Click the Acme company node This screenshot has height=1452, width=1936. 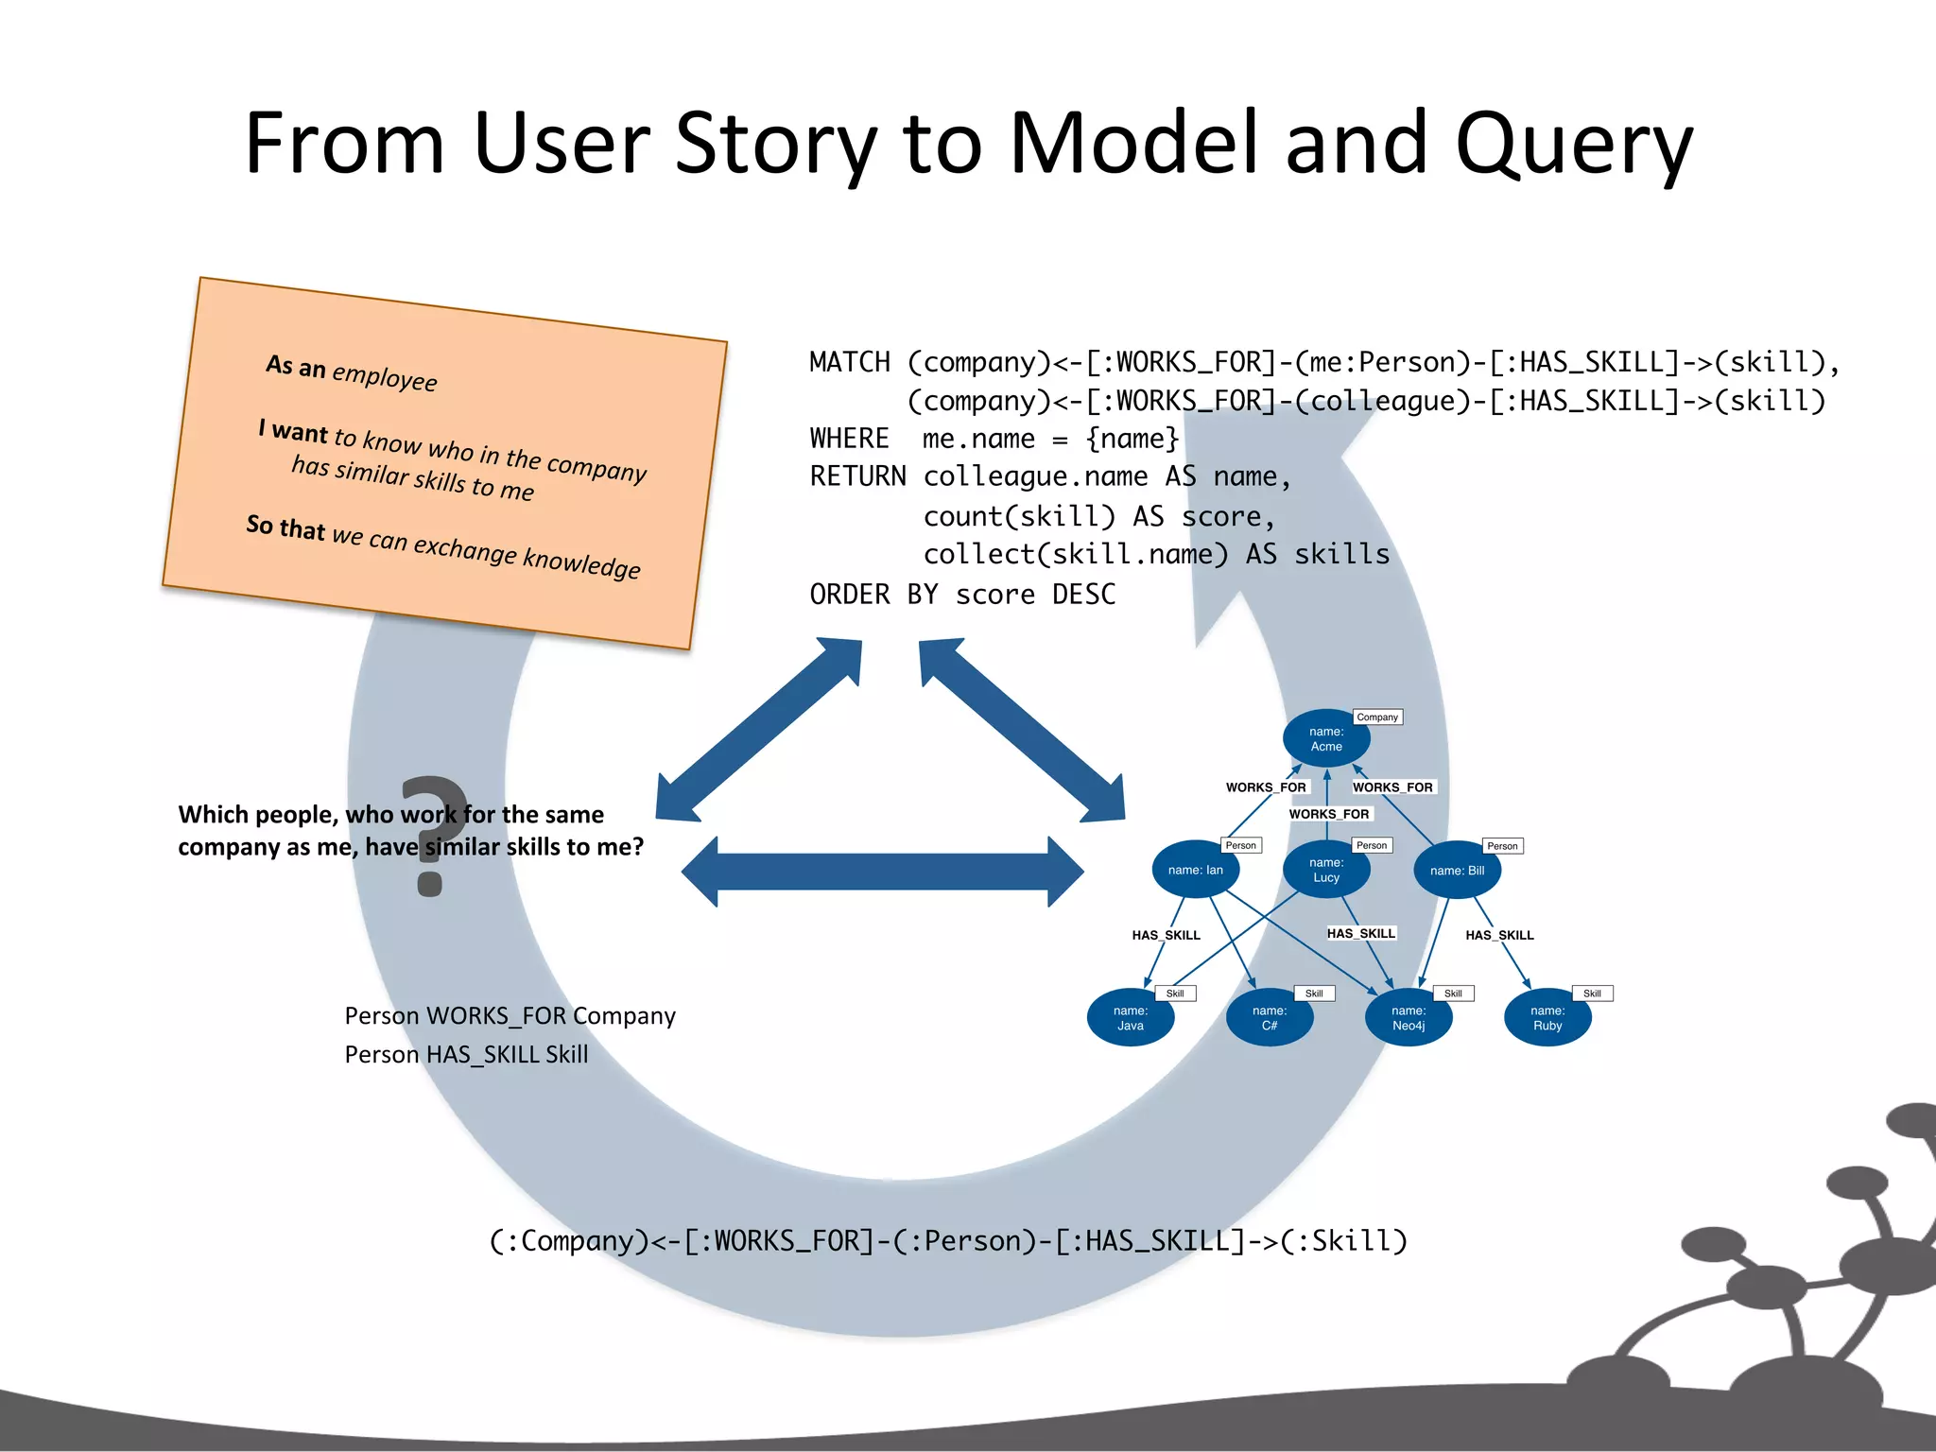(x=1326, y=738)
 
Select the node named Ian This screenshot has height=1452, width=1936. (x=1195, y=870)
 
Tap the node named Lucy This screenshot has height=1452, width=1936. (x=1326, y=870)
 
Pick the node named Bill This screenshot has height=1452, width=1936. (x=1457, y=870)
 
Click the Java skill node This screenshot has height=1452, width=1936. (x=1131, y=1018)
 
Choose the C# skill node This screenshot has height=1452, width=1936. (x=1270, y=1018)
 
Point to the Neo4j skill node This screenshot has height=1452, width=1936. (x=1409, y=1018)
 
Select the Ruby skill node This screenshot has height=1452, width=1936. (x=1547, y=1018)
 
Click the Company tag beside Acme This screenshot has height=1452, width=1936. (x=1377, y=717)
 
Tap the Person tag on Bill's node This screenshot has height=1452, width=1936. (x=1502, y=846)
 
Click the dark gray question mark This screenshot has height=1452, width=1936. (x=432, y=836)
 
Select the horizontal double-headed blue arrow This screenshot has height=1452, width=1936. (x=882, y=872)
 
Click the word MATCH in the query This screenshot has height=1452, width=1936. (x=850, y=362)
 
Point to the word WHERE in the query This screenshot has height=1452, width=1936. (x=849, y=439)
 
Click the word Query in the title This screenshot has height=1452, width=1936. (x=1573, y=144)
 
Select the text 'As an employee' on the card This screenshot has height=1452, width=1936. (x=352, y=372)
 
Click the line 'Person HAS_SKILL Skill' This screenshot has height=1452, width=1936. (x=466, y=1054)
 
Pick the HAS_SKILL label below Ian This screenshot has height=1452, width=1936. (x=1166, y=935)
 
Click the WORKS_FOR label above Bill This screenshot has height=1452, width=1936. (x=1392, y=787)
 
